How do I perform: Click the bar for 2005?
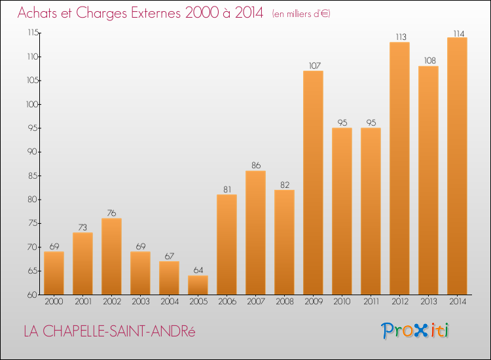[198, 285]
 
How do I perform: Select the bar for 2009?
[313, 183]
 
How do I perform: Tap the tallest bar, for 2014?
[457, 166]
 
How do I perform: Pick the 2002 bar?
[111, 257]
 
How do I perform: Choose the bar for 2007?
[255, 232]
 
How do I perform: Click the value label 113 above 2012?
[401, 37]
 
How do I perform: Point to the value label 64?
[198, 270]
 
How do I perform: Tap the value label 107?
[315, 65]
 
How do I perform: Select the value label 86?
[256, 166]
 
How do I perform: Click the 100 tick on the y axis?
[32, 104]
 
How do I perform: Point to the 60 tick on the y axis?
[33, 295]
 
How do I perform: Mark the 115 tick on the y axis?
[33, 33]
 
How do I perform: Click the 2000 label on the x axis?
[54, 302]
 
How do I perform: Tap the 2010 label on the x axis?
[342, 302]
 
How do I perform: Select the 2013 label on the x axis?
[428, 302]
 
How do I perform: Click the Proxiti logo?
[415, 331]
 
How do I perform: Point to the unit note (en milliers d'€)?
[301, 14]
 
